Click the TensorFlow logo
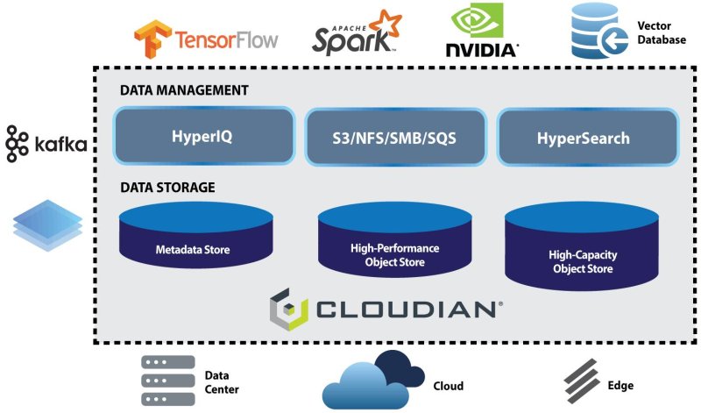click(206, 38)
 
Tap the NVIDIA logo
click(480, 32)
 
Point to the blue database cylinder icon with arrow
click(599, 32)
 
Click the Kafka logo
click(46, 143)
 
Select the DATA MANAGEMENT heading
click(184, 90)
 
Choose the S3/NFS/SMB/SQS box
click(395, 138)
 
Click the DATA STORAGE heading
click(167, 187)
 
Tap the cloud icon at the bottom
click(373, 380)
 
